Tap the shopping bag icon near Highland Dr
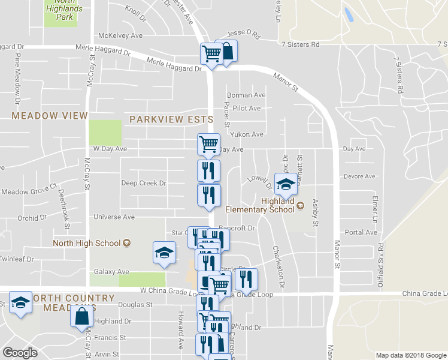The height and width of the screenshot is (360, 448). click(81, 316)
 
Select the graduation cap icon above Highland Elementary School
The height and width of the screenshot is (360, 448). click(286, 184)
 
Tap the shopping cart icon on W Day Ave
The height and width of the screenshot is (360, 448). click(208, 144)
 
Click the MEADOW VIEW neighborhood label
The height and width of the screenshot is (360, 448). click(50, 116)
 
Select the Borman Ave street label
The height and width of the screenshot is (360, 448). click(246, 95)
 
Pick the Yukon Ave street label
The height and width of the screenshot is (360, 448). click(248, 134)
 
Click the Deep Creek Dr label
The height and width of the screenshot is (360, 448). click(143, 183)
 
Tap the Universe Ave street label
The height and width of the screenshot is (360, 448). click(113, 217)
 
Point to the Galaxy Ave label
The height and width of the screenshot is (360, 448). click(111, 272)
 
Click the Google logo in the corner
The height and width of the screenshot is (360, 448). click(20, 353)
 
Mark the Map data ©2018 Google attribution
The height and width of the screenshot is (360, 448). click(410, 355)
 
